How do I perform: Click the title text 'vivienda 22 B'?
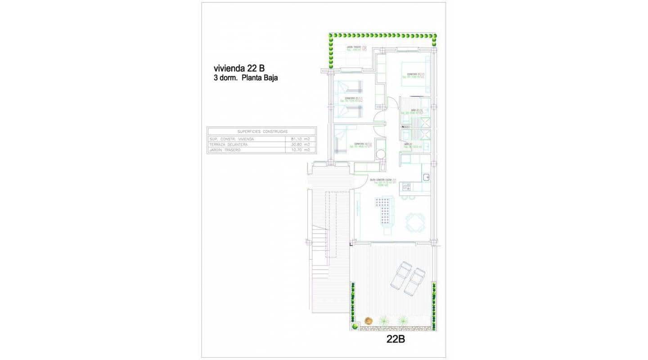click(238, 68)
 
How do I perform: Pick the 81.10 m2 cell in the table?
click(301, 139)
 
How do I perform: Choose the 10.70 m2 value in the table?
click(301, 150)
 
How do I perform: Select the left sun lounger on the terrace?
click(400, 275)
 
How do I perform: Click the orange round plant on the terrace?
click(369, 320)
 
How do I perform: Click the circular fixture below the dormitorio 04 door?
click(381, 154)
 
